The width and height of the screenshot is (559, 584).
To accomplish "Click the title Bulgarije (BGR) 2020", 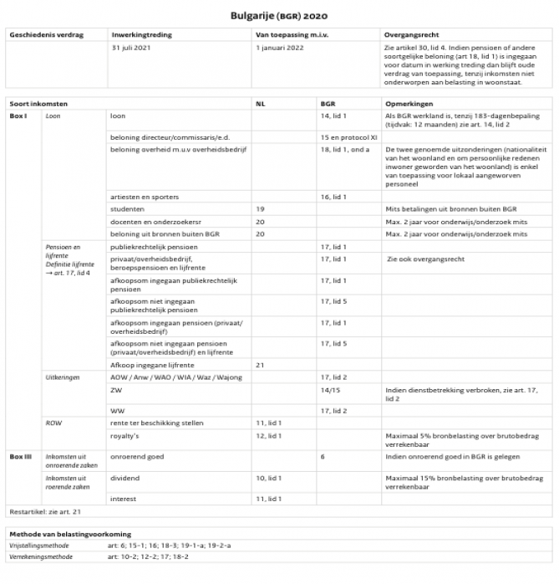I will click(280, 15).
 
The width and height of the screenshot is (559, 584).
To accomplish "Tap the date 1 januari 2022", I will click(280, 49).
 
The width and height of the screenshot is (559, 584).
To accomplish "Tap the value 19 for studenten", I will click(260, 208).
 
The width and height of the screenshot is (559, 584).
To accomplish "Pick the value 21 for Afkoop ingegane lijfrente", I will click(260, 365).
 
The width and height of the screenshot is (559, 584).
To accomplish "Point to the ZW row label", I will click(115, 390).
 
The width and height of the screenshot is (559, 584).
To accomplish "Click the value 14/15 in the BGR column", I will click(329, 390).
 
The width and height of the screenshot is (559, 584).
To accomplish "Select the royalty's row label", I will click(125, 436).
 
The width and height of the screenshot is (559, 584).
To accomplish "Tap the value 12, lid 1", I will click(268, 436).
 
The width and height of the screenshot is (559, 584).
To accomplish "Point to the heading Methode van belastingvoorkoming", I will click(70, 533).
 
